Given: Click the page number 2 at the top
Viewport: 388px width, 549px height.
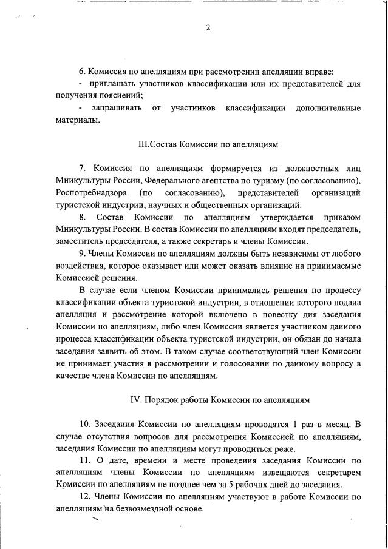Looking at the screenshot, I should coord(208,28).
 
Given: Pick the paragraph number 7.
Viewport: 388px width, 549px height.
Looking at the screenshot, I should coord(83,168).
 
